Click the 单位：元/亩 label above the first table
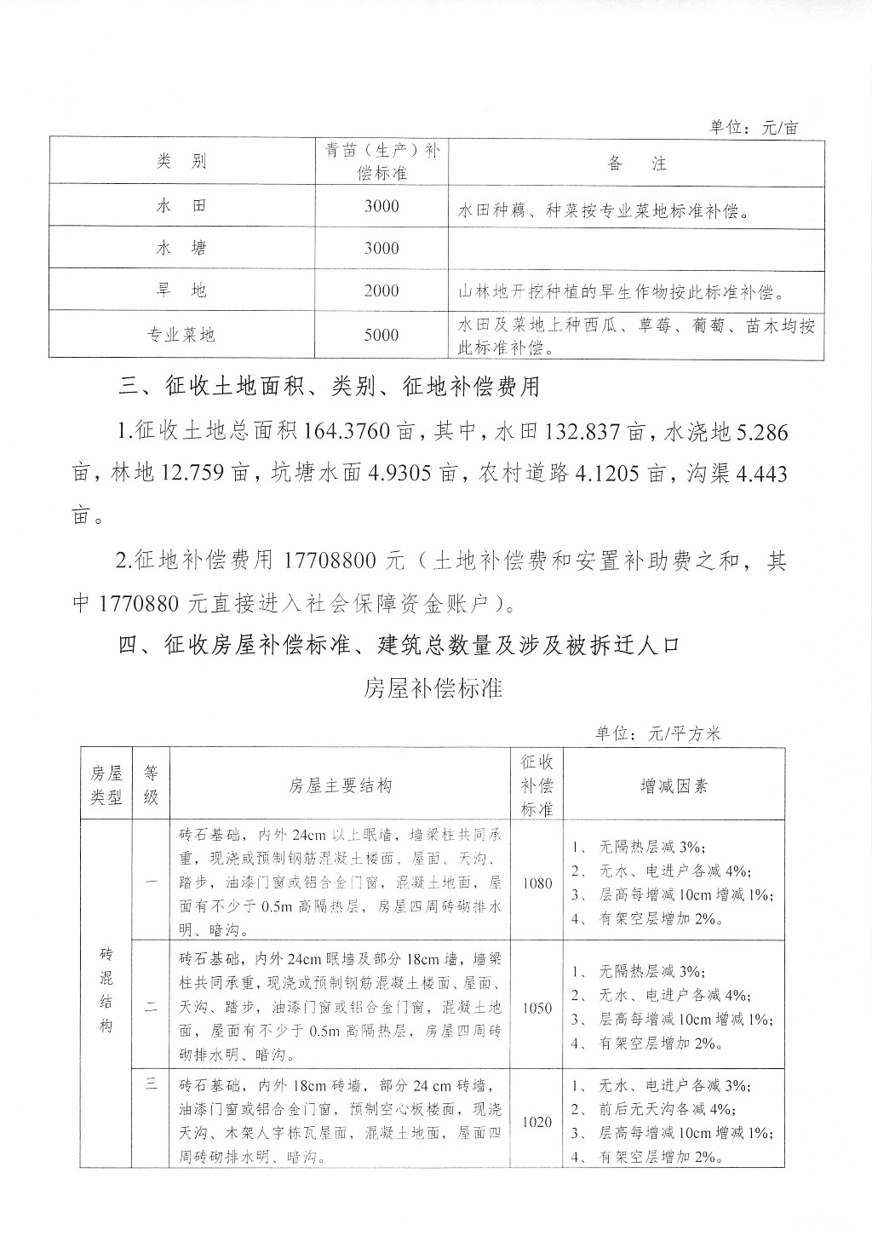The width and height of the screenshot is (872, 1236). tap(754, 128)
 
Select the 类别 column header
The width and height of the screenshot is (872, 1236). tap(181, 163)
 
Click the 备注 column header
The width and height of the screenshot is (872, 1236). tap(637, 164)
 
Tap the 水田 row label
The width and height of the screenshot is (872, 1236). tap(181, 206)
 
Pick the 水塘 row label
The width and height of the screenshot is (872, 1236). tap(181, 248)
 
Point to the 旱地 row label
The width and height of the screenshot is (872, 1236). tap(181, 290)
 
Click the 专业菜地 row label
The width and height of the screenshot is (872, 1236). tap(181, 335)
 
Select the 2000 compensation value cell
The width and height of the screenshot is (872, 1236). tap(381, 290)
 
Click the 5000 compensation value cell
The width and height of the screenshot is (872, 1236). tap(381, 335)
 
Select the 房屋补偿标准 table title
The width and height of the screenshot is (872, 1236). tap(433, 688)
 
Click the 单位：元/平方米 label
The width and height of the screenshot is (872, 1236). tap(658, 733)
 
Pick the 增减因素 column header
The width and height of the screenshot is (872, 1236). tap(674, 785)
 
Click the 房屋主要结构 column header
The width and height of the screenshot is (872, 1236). tap(341, 785)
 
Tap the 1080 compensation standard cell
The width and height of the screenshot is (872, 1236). tap(537, 883)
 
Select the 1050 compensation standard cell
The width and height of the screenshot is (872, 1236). tap(537, 1008)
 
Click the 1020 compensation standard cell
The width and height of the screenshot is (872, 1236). tap(537, 1122)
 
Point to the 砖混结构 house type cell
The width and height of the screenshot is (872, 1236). tap(106, 989)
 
